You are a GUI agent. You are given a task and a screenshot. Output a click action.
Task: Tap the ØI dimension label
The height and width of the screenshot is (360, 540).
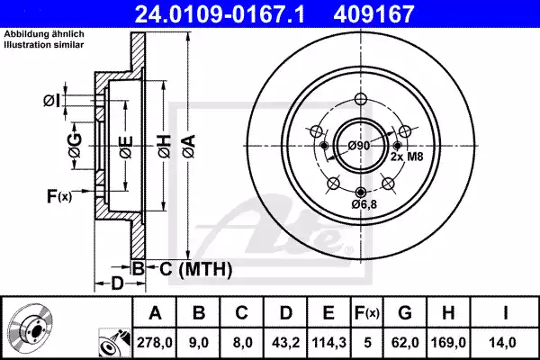[x=51, y=101]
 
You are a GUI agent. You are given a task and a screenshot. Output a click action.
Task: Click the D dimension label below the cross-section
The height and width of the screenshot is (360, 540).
[x=118, y=284]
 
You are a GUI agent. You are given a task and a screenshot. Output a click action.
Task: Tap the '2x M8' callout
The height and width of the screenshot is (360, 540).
[x=408, y=157]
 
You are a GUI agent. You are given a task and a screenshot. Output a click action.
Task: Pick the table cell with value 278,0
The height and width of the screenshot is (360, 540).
[x=155, y=342]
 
